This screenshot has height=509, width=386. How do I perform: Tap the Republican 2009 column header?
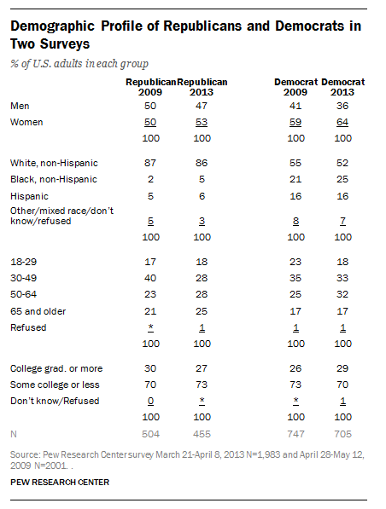pos(151,87)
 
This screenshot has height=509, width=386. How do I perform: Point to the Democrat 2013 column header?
pos(342,87)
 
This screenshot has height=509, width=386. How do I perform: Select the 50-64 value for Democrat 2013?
pos(342,294)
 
